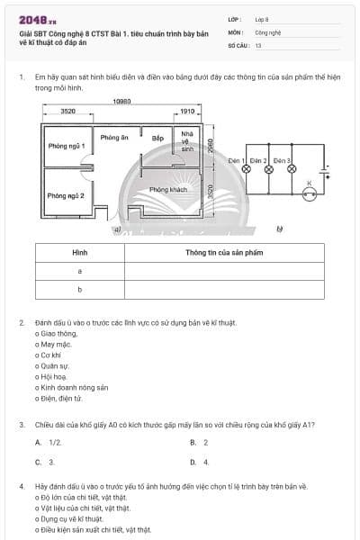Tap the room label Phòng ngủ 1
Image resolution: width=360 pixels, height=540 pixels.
67,146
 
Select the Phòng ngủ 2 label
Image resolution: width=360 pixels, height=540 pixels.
66,195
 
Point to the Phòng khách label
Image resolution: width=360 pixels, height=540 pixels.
167,189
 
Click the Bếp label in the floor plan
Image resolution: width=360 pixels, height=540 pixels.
157,139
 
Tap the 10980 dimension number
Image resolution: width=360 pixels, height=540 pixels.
122,101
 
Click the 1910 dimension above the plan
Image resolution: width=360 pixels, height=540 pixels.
187,112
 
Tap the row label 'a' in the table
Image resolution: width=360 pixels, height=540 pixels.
80,270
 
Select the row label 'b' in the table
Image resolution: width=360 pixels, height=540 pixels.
80,289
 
